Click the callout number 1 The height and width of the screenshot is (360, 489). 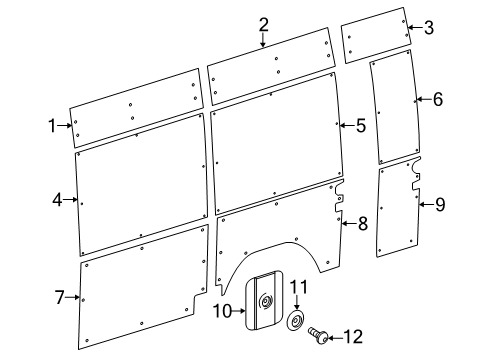[x=51, y=125]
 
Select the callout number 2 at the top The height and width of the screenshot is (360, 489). [x=263, y=25]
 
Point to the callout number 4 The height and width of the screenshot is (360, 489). [x=57, y=200]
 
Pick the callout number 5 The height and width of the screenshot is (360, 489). [x=360, y=125]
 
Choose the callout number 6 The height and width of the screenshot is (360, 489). [x=436, y=99]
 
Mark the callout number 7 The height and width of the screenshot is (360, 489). [x=59, y=297]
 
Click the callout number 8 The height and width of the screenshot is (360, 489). [x=362, y=224]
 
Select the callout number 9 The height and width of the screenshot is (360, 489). [x=439, y=204]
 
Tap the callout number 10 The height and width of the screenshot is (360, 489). [x=222, y=311]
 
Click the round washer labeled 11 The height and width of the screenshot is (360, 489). [x=297, y=322]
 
